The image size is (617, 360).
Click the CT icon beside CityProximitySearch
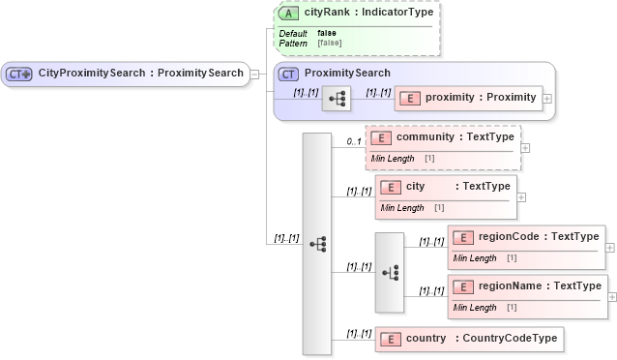(x=19, y=73)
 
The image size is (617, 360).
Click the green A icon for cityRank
(x=289, y=14)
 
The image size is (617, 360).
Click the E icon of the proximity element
(x=409, y=97)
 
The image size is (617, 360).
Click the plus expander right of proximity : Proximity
(x=548, y=98)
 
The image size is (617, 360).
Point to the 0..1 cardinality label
(x=354, y=142)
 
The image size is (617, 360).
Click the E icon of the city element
(x=392, y=187)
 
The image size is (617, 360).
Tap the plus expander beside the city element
(x=522, y=196)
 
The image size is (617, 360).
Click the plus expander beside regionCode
(x=609, y=247)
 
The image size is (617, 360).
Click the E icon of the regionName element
(x=463, y=286)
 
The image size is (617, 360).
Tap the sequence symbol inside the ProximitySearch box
(x=336, y=98)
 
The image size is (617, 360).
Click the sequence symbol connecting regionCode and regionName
(x=390, y=272)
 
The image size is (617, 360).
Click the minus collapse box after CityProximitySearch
(x=254, y=73)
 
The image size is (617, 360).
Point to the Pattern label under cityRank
(x=293, y=44)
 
